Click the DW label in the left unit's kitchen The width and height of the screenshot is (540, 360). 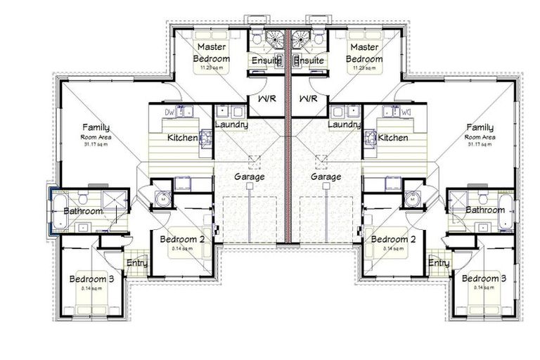coord(169,112)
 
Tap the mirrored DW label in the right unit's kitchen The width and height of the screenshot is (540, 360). coord(406,112)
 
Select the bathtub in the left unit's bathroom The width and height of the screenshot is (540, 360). coord(57,210)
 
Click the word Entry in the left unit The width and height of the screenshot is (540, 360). coord(136,263)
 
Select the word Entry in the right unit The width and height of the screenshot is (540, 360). coord(439,263)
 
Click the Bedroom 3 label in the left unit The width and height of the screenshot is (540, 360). coord(91,279)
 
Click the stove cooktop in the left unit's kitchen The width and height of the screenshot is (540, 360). coord(205,138)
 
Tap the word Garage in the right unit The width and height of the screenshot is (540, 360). coord(326,177)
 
